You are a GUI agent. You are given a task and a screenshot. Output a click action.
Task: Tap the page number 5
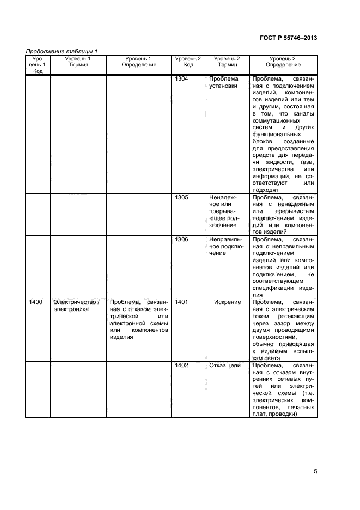point(315,472)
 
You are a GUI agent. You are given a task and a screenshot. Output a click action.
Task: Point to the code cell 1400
point(36,302)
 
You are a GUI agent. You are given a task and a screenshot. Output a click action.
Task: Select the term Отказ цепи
point(225,365)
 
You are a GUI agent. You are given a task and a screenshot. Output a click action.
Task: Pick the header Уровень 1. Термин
point(78,61)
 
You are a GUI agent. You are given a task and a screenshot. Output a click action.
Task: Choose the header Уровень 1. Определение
point(139,61)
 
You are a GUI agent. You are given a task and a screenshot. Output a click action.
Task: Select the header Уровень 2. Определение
point(283,61)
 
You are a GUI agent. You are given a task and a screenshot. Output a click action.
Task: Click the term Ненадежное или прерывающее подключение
point(223,211)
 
